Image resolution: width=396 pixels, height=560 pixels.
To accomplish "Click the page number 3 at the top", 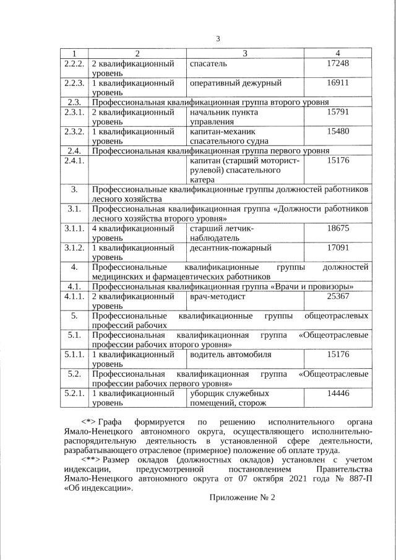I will [218, 40].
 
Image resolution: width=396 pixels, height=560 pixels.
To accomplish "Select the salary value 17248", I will [338, 64].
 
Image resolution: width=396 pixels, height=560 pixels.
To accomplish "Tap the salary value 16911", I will [338, 82].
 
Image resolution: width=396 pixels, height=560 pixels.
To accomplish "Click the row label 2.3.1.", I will [74, 112].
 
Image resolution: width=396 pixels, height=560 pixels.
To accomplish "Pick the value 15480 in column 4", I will [338, 131].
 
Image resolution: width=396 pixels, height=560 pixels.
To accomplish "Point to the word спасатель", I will [209, 64].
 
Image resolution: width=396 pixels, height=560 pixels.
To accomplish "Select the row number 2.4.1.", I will [74, 161].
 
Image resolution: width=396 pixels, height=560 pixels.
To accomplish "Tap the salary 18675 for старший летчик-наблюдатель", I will [338, 228].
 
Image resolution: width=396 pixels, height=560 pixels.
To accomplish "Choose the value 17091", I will [338, 248].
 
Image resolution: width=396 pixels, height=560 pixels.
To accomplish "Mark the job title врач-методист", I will [218, 296].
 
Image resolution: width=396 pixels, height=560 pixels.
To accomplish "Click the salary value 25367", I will [338, 296].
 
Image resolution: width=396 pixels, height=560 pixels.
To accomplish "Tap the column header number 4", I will [338, 53].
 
